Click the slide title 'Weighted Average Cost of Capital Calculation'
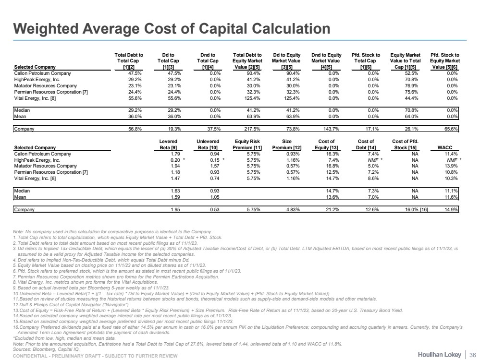172,28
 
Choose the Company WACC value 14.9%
451,209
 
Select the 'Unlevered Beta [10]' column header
208,144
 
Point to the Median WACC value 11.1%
451,191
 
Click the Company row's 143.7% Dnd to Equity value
332,129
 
